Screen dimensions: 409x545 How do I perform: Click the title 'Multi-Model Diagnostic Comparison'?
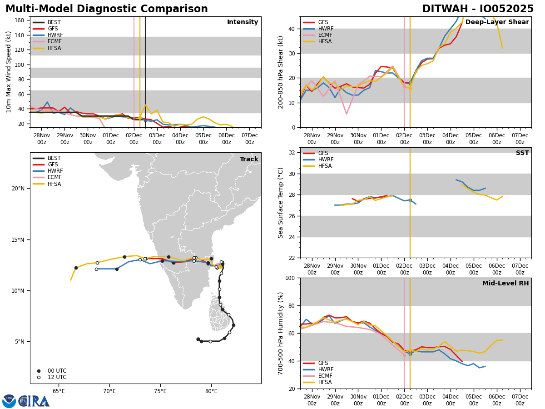click(x=107, y=9)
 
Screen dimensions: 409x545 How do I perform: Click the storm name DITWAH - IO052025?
click(x=478, y=9)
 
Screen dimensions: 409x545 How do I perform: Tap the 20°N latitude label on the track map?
click(x=18, y=189)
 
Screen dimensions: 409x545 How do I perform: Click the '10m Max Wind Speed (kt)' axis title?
click(x=9, y=72)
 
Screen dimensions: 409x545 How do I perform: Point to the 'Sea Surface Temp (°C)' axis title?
click(x=281, y=203)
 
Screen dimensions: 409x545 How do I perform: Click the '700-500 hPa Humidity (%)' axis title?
click(x=281, y=333)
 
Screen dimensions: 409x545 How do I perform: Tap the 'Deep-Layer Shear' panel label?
click(x=497, y=22)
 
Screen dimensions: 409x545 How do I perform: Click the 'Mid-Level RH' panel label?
click(x=505, y=284)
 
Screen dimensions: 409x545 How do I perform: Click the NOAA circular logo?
click(x=9, y=401)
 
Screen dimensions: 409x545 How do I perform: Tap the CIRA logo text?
click(x=35, y=401)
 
